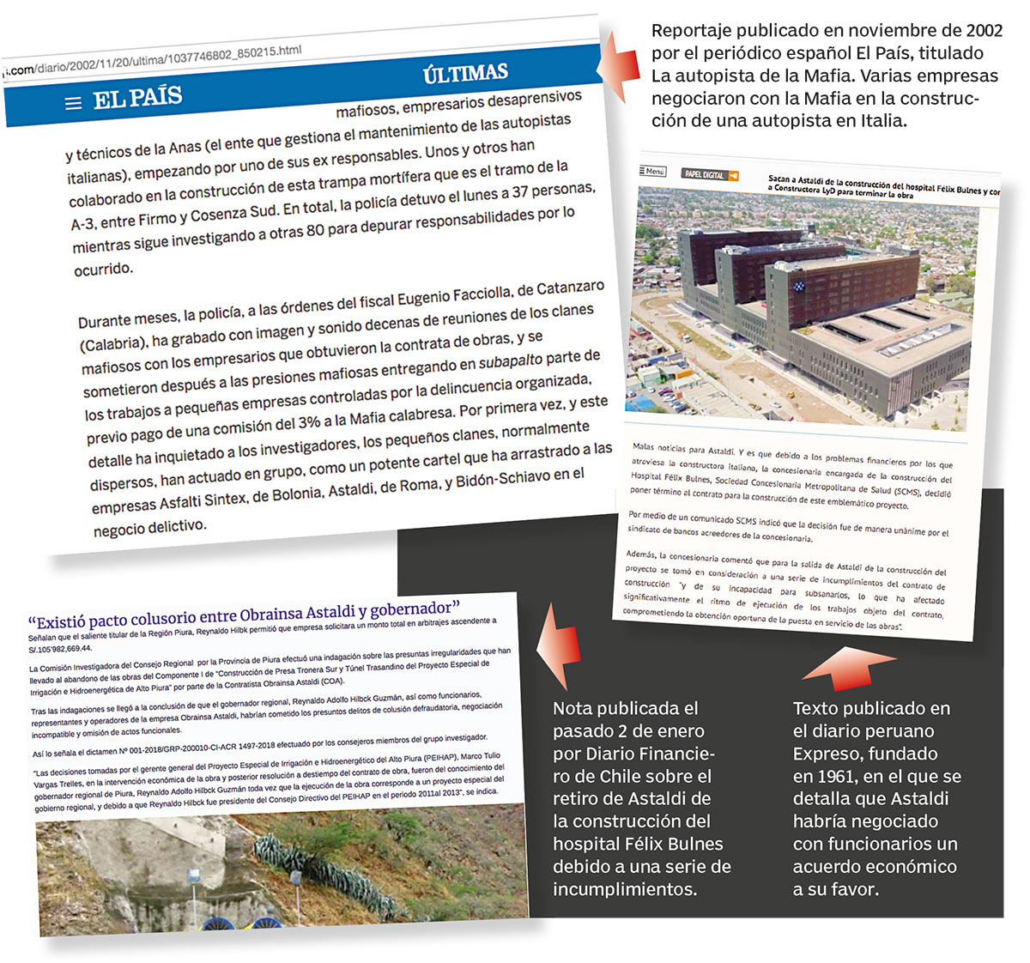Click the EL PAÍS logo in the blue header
pos(137,98)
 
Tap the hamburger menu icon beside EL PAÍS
pos(74,103)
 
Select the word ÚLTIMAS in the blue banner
pos(465,74)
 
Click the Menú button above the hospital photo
pos(652,171)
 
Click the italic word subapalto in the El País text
pos(512,360)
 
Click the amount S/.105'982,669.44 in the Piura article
pos(60,649)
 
